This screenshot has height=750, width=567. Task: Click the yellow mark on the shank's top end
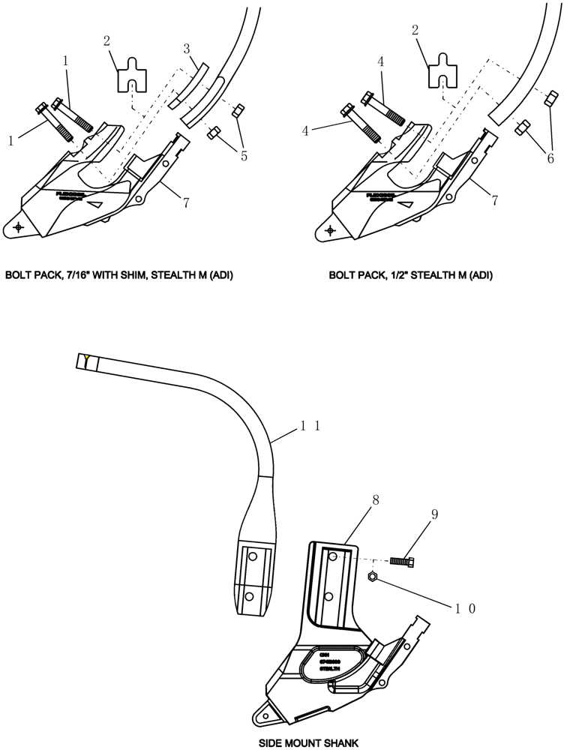pos(88,358)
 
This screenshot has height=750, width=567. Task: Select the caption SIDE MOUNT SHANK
pos(309,742)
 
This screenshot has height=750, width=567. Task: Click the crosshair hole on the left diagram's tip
pos(18,227)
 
